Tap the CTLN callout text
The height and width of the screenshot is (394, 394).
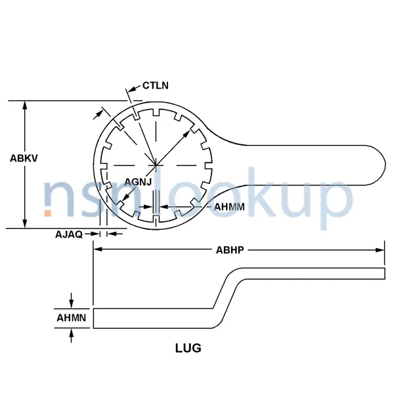coord(156,86)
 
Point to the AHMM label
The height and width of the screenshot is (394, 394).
coord(230,207)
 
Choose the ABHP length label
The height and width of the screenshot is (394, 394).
coord(230,250)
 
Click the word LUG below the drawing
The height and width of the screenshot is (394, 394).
coord(187,348)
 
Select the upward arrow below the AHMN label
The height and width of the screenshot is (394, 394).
coord(72,334)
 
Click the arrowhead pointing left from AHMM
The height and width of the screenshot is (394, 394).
coord(164,207)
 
